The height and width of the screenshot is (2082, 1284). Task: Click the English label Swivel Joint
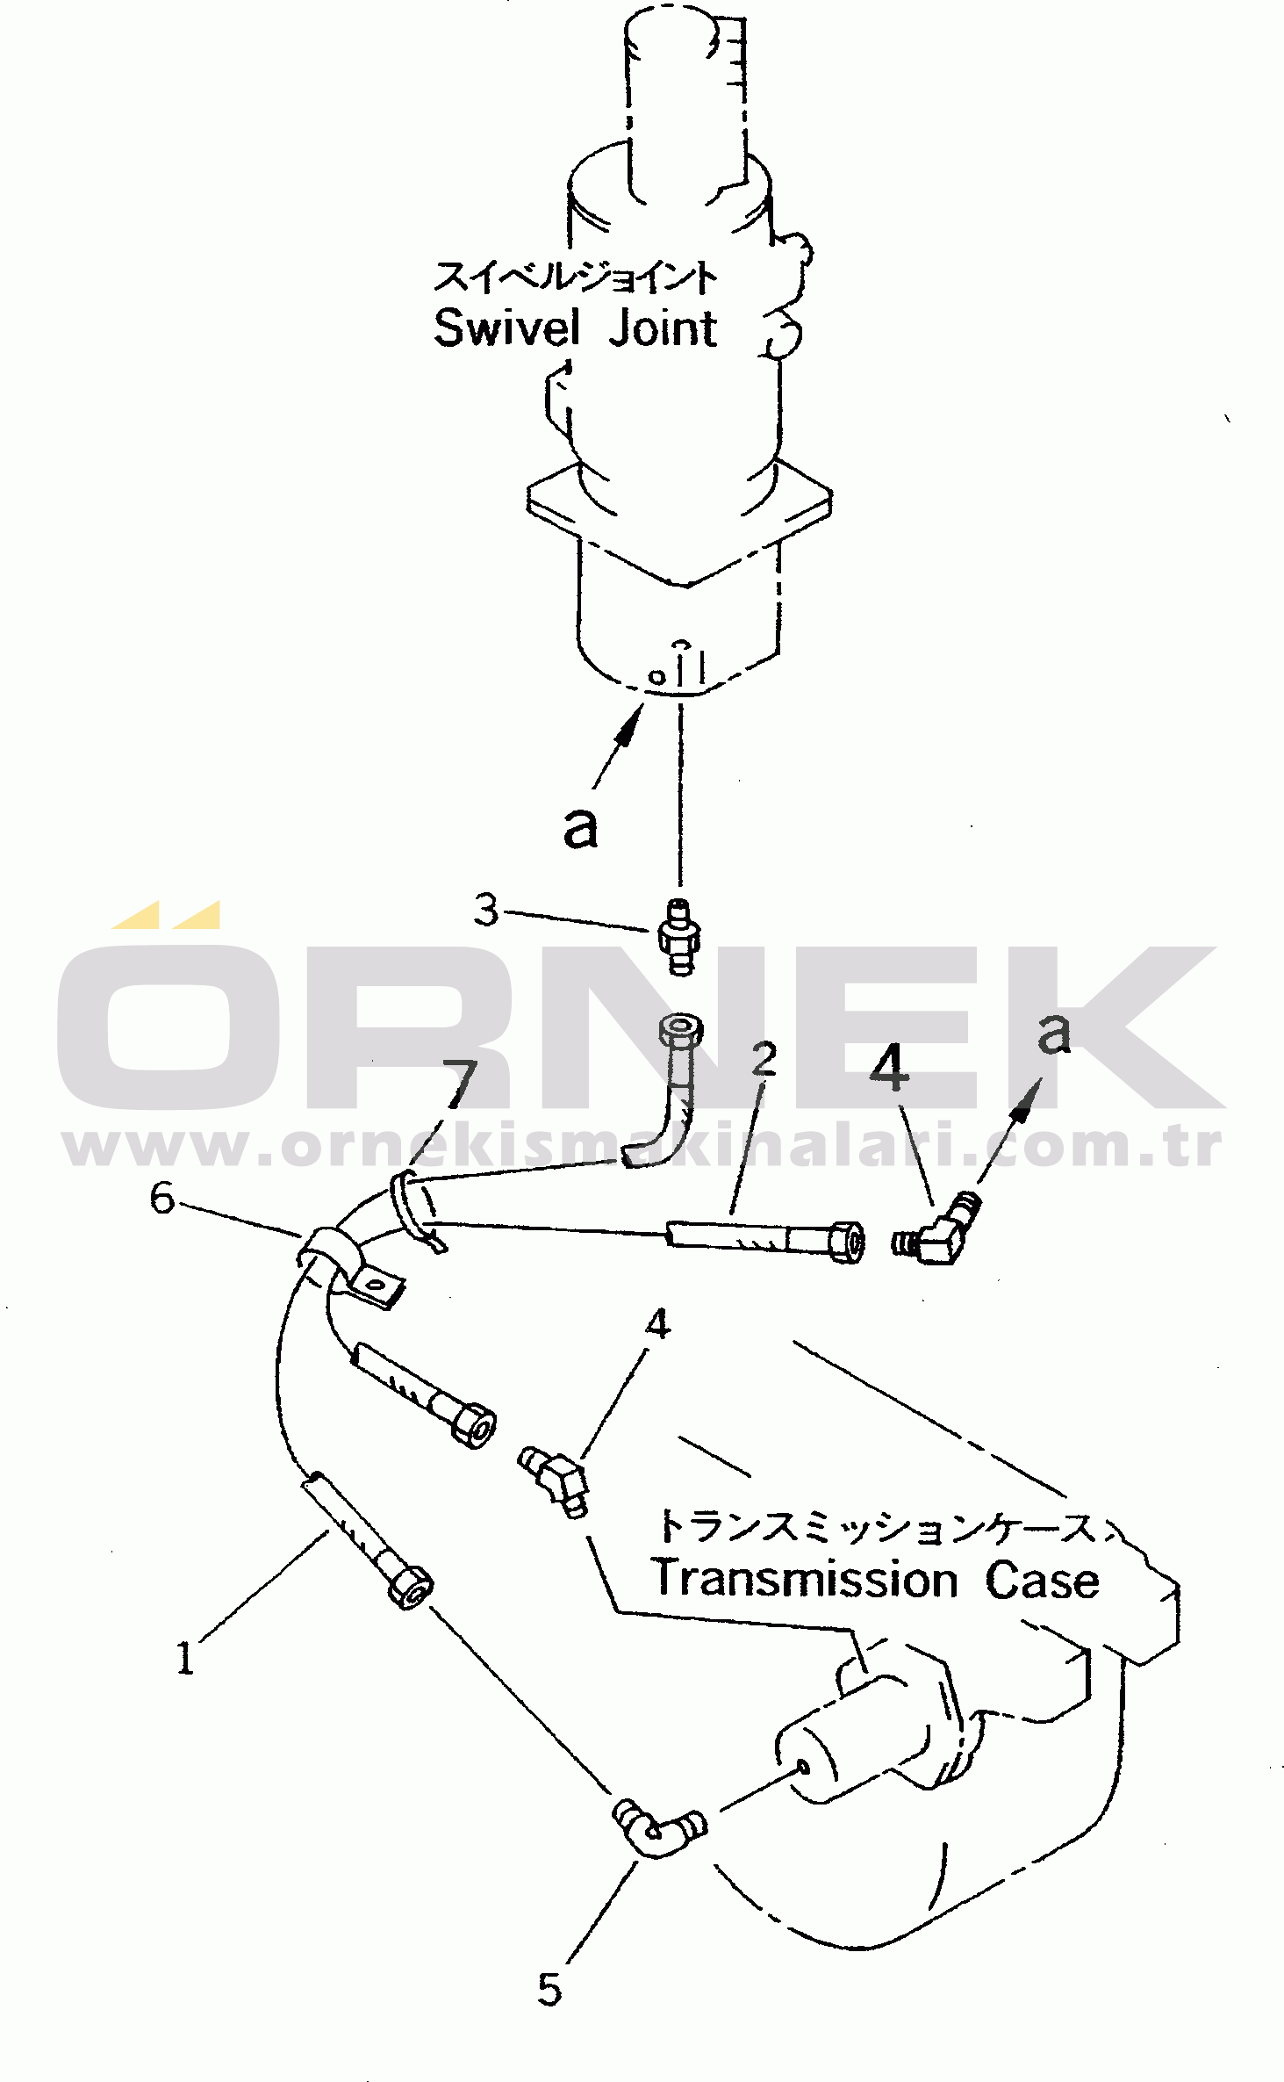click(575, 328)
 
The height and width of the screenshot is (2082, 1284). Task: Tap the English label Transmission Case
click(875, 1581)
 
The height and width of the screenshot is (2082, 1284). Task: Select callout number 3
click(486, 910)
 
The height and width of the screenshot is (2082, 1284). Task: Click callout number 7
click(460, 1085)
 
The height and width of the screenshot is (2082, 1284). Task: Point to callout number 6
click(162, 1198)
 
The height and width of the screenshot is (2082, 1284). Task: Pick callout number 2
click(764, 1059)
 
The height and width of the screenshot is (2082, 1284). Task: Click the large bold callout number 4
click(889, 1067)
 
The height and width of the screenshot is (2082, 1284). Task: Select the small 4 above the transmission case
click(658, 1324)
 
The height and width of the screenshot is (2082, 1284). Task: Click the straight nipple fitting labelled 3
click(679, 936)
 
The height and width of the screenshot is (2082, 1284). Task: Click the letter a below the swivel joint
click(580, 828)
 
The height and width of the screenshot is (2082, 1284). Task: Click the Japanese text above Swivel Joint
click(575, 277)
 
